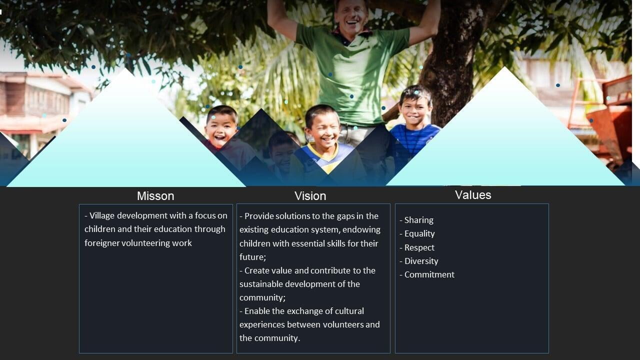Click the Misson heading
(155, 196)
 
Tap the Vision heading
(310, 196)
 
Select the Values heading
(473, 195)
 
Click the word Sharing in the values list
(419, 220)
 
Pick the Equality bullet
(419, 233)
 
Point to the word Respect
(419, 247)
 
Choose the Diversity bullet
(421, 261)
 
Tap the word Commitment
(429, 274)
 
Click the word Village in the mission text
(102, 215)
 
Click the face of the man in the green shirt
(351, 17)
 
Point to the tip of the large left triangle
(125, 68)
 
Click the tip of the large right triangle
(504, 67)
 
